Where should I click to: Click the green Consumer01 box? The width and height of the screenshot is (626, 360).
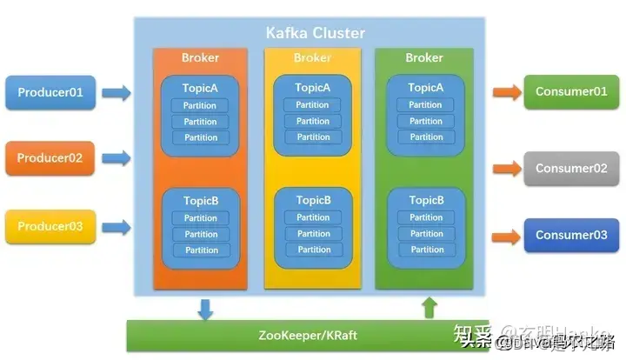point(570,91)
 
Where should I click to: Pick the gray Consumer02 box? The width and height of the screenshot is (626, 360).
point(570,168)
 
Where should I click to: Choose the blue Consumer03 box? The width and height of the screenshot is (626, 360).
point(570,235)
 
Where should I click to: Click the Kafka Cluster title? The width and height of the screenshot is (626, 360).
point(315,33)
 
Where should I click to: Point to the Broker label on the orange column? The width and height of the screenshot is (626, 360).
point(200,58)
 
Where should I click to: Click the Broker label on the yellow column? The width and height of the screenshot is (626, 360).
point(312,58)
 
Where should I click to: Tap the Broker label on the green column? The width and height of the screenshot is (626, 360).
point(424,58)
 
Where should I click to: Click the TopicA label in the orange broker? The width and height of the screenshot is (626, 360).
point(201,88)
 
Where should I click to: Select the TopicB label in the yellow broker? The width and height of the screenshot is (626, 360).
point(313,199)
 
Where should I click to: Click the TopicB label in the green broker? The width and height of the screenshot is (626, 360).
point(426,200)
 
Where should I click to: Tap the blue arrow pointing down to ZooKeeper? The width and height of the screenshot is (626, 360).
point(205,308)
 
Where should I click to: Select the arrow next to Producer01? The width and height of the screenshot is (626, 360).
point(116,92)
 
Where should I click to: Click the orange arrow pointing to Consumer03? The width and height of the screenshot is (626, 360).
point(505,236)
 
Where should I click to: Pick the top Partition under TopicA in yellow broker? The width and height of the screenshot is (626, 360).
point(313,105)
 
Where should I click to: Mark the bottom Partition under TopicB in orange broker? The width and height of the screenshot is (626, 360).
point(201,250)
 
